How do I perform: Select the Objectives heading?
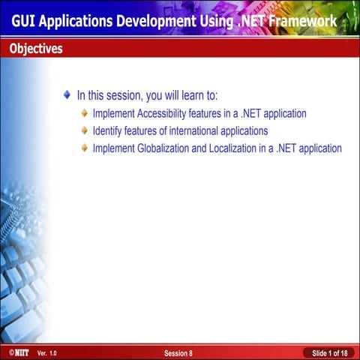click(x=36, y=49)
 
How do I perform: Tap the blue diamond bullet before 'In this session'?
click(x=68, y=96)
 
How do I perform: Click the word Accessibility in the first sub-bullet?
click(x=172, y=114)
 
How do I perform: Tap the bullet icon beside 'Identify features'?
click(x=85, y=131)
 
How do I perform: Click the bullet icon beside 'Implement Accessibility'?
click(x=85, y=114)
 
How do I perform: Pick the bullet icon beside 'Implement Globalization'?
click(x=85, y=148)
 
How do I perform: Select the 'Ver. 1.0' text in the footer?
click(x=46, y=352)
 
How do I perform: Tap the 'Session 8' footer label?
click(x=178, y=352)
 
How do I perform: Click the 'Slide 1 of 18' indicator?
click(x=329, y=352)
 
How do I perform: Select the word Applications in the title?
click(x=83, y=21)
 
